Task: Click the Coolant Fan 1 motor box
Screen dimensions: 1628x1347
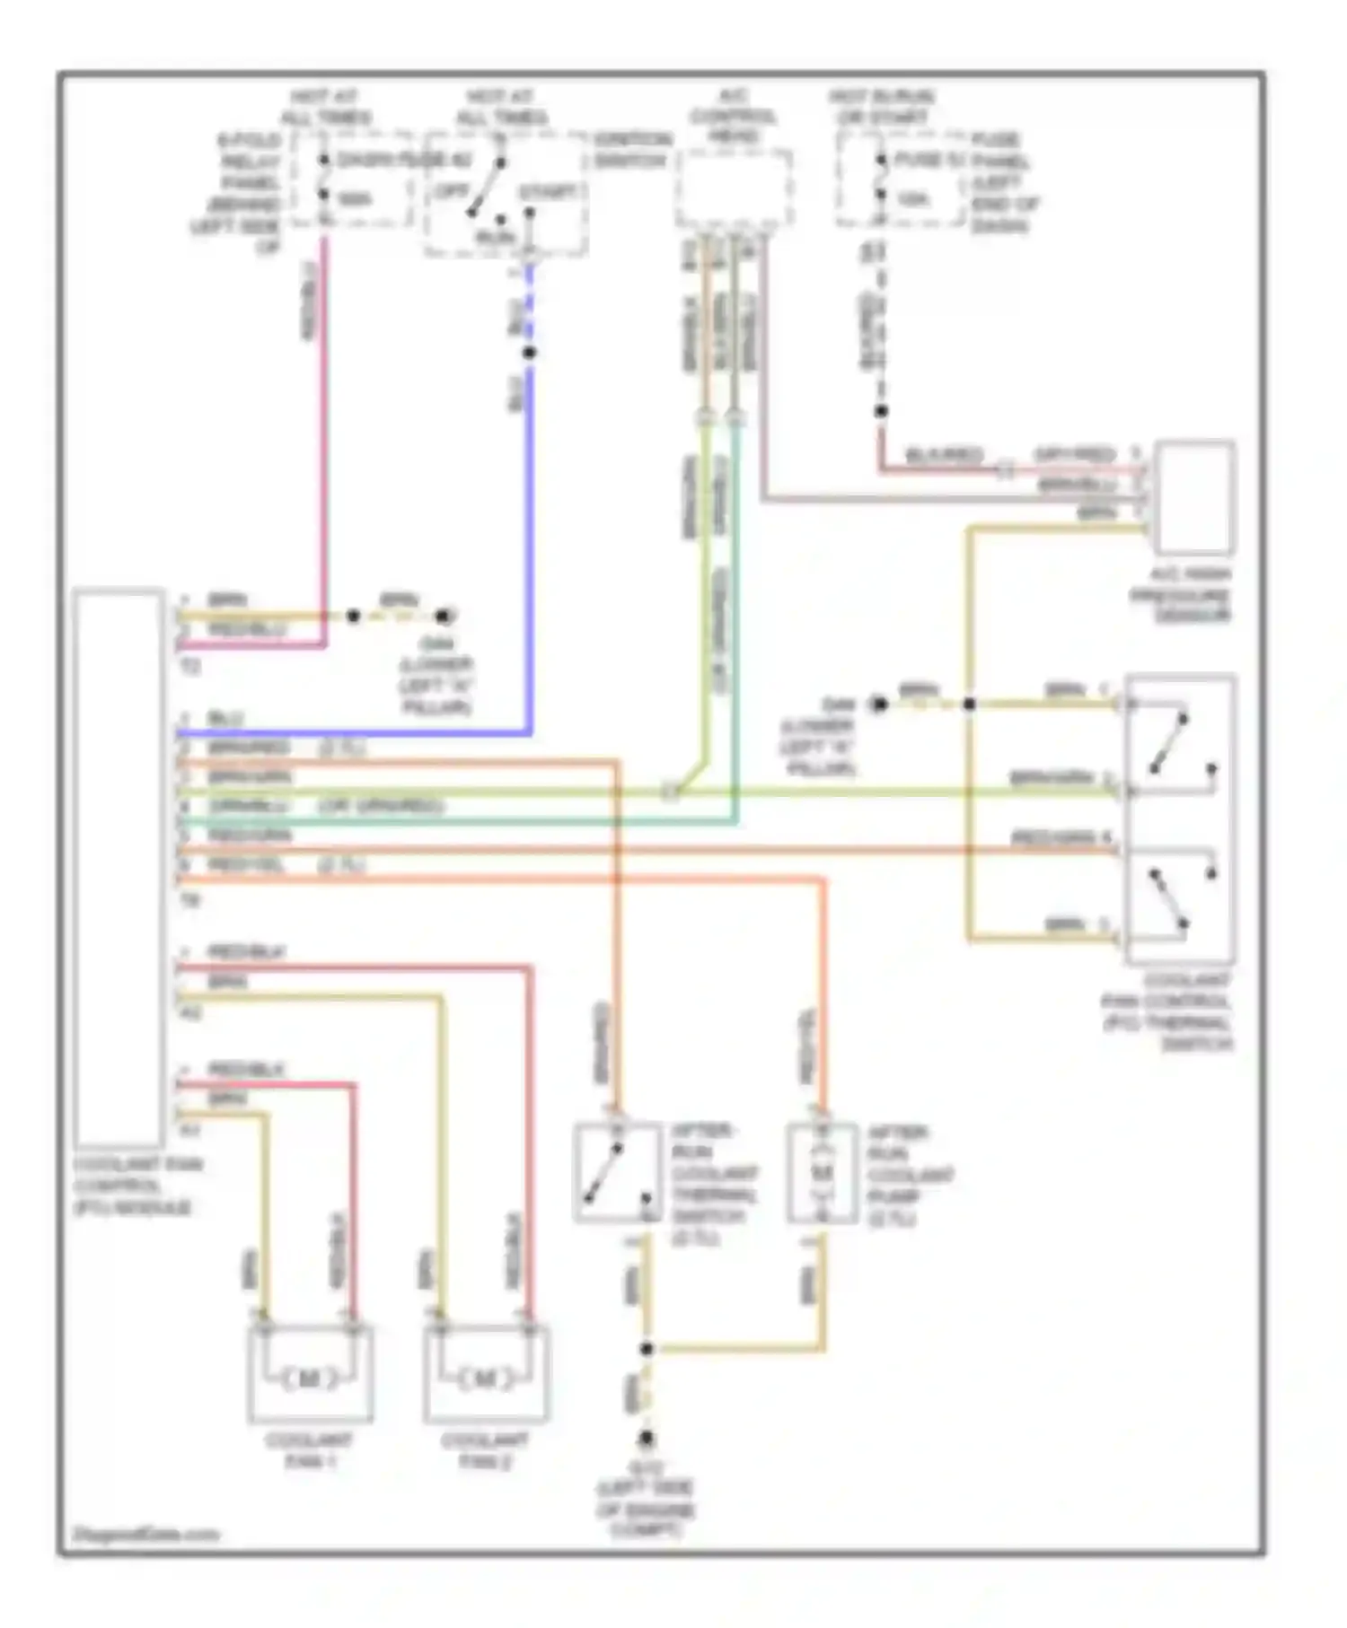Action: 310,1374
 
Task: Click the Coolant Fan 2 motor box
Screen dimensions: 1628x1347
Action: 486,1374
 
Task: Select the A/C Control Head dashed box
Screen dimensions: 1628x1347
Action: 735,188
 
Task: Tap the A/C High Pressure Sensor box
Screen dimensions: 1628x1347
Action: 1194,498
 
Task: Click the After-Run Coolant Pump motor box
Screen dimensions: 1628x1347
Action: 822,1172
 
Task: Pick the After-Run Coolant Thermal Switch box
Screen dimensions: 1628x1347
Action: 618,1172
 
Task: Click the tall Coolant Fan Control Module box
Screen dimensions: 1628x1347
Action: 119,867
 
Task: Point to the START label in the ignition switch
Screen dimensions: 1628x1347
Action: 548,192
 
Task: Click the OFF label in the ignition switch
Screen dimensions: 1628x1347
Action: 452,192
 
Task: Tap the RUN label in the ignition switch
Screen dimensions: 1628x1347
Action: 495,237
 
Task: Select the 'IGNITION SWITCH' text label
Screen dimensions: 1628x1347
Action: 631,150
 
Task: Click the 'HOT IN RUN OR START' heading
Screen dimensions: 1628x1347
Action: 881,107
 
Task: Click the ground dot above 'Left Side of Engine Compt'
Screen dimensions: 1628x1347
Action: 646,1440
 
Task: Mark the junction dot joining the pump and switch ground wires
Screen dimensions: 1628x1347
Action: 646,1348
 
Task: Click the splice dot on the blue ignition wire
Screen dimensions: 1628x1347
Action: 529,353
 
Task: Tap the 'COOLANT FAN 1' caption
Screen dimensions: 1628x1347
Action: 310,1450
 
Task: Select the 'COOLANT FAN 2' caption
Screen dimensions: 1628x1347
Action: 486,1450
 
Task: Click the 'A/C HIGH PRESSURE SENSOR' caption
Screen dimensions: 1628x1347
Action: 1193,595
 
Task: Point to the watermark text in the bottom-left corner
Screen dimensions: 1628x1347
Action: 145,1534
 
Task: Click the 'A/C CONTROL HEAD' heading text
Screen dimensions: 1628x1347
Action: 734,117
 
